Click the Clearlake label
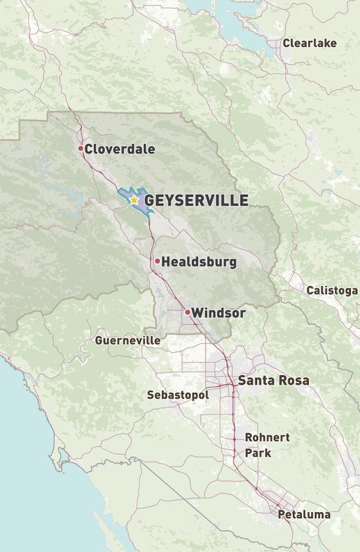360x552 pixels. coord(309,43)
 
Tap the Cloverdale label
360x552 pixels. coord(120,149)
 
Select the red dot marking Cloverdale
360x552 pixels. coord(81,148)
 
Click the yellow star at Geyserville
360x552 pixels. coord(134,200)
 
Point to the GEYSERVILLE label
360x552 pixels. coord(197,200)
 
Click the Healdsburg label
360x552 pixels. coord(199,262)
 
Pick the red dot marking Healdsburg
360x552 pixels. coord(158,261)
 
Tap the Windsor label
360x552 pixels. coord(218,313)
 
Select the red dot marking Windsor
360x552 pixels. coord(187,312)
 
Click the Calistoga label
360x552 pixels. coord(332,290)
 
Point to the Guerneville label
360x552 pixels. coord(128,340)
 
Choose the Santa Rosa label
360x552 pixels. coord(273,380)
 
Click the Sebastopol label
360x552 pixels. coord(178,395)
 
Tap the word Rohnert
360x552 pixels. coord(267,437)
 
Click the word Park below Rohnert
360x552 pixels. coord(258,453)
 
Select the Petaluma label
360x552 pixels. coord(304,514)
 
